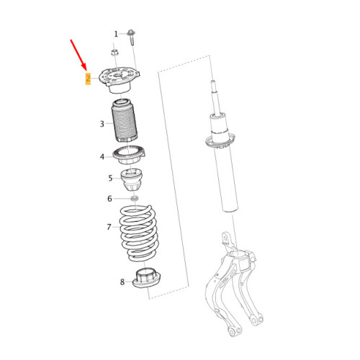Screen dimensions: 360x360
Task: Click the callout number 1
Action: (116, 34)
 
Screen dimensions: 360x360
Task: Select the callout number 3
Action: (102, 124)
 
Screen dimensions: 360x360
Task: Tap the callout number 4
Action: (103, 156)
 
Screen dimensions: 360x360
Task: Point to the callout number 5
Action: (111, 178)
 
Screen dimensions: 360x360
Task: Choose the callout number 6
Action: (110, 198)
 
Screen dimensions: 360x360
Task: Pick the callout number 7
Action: (109, 227)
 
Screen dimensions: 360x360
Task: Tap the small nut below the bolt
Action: (114, 51)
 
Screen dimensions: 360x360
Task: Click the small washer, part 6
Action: (133, 198)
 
